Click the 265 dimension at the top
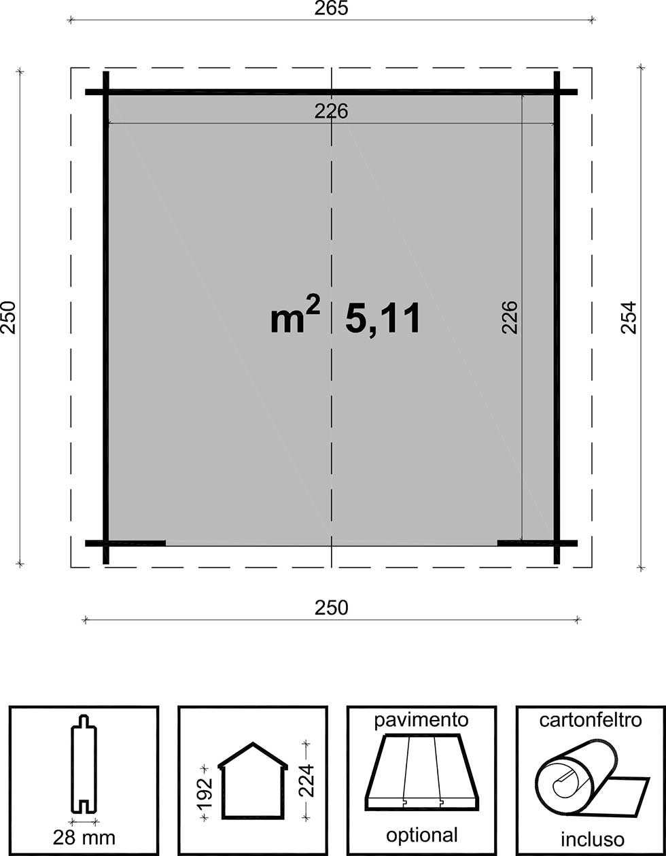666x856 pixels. click(331, 8)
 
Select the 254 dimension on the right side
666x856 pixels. click(629, 318)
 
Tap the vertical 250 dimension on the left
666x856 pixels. click(8, 318)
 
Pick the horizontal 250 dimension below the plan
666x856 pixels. click(331, 608)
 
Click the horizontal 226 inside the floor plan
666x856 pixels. click(331, 111)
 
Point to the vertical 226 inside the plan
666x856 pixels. click(510, 318)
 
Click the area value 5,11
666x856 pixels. click(383, 320)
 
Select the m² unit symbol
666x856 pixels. click(295, 315)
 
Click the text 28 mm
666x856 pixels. click(84, 838)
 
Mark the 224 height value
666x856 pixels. click(307, 781)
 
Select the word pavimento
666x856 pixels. click(421, 721)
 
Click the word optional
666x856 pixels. click(421, 836)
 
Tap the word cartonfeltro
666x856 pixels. click(591, 720)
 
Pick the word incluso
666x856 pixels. click(593, 839)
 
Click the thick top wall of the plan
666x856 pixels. click(331, 92)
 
